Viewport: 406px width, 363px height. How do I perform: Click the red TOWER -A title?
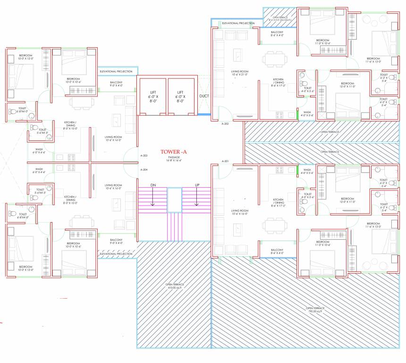[174, 152]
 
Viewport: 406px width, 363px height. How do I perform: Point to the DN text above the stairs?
[153, 185]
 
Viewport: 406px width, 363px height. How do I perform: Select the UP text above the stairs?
[197, 185]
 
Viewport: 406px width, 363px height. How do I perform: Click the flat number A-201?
[225, 162]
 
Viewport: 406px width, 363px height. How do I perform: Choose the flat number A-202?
[225, 123]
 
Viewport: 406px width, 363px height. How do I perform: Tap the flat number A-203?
[144, 156]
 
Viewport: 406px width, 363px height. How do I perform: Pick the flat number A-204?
[144, 169]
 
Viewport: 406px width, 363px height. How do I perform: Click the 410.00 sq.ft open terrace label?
[175, 286]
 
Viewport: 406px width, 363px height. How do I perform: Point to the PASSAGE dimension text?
[174, 160]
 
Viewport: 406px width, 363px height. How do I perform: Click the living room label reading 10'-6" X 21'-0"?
[240, 74]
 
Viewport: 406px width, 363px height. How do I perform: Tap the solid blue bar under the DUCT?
[204, 115]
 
